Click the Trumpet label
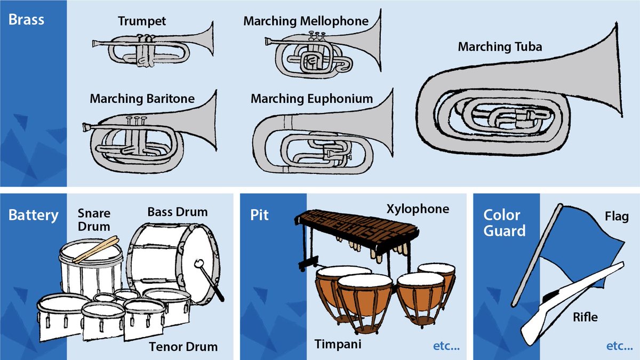142,21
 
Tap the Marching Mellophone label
306,21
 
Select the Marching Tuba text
500,47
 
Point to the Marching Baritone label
142,99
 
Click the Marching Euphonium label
311,99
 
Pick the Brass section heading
26,21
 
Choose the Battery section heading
33,215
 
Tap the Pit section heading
260,215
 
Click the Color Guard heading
501,222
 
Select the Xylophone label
418,209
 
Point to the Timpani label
337,344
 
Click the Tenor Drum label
183,347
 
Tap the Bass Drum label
177,212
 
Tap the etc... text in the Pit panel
446,346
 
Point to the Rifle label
585,317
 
